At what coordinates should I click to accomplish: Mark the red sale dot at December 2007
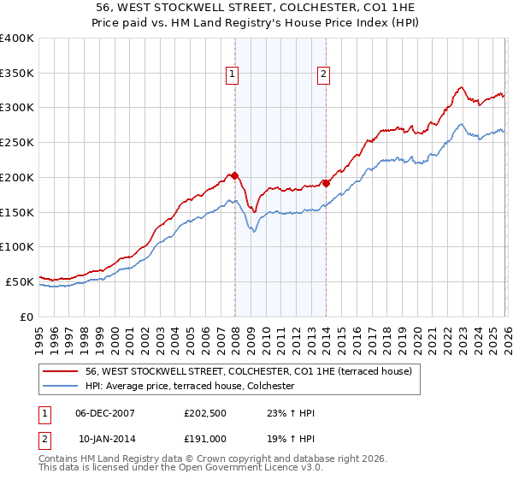pyautogui.click(x=234, y=175)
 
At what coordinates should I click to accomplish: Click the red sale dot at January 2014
pyautogui.click(x=326, y=183)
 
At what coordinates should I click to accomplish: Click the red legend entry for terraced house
pyautogui.click(x=248, y=371)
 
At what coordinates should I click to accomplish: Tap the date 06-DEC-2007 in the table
pyautogui.click(x=105, y=412)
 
